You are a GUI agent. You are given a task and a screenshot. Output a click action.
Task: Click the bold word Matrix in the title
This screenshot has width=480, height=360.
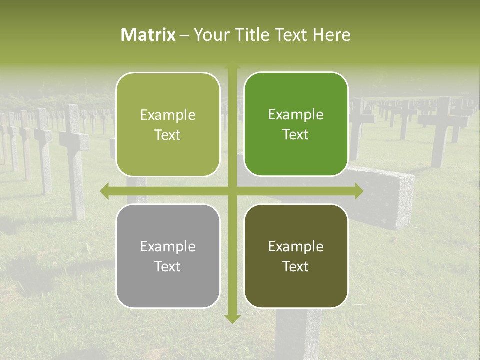click(148, 35)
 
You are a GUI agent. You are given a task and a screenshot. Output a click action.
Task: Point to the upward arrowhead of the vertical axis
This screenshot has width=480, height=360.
click(232, 65)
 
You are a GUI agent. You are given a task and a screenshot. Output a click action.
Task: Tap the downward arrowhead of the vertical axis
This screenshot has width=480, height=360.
click(232, 318)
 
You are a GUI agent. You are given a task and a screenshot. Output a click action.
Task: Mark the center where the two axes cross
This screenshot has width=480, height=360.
click(232, 191)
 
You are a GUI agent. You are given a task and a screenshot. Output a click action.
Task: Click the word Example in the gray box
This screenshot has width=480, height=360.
click(168, 246)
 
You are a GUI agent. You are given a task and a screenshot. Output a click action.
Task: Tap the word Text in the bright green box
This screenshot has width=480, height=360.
click(296, 134)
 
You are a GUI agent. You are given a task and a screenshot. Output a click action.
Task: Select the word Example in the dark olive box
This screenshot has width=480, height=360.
click(296, 246)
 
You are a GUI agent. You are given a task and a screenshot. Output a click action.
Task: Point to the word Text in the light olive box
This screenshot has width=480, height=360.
click(168, 135)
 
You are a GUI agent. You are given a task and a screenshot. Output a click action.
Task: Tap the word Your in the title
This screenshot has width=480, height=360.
click(210, 35)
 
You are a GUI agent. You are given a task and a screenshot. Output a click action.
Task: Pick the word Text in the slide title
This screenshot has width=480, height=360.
click(291, 35)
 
